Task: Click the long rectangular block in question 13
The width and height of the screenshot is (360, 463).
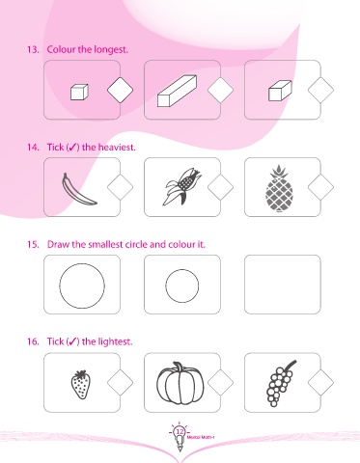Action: coord(177,91)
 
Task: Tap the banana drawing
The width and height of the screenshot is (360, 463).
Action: coord(78,190)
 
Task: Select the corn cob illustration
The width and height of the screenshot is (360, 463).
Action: coord(182,186)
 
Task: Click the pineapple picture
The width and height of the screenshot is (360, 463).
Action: coord(279,189)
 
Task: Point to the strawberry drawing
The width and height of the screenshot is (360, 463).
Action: coord(80,384)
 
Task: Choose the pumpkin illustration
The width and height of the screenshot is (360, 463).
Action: coord(180,383)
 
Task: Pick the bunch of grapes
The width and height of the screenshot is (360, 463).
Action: coord(280,384)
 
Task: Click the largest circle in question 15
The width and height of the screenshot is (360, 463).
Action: coord(82,286)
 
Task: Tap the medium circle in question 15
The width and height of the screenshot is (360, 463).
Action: coord(182,286)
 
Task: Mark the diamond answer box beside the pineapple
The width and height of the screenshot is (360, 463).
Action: coord(320,187)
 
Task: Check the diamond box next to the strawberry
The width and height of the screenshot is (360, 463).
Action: coord(120,383)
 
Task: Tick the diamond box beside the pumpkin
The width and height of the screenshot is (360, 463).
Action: coord(220,383)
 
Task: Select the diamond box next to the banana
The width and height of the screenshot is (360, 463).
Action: coord(120,187)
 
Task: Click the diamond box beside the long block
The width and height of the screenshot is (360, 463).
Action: coord(220,90)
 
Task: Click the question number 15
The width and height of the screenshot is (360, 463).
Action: coord(33,244)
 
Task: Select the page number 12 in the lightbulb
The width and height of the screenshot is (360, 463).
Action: coord(180,431)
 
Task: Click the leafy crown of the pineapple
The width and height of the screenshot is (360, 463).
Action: coord(279,172)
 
